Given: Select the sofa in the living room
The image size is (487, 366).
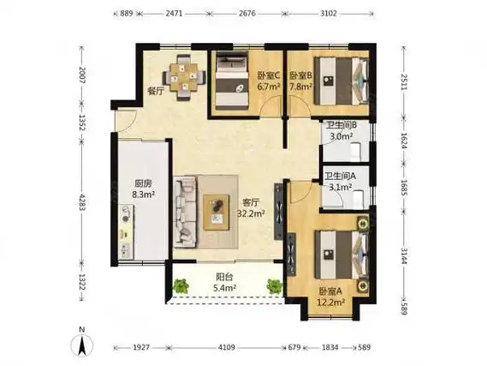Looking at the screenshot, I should point(186,210).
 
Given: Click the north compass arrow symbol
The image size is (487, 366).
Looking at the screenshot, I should point(81,343).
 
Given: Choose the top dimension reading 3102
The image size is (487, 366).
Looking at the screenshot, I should point(329,14).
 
